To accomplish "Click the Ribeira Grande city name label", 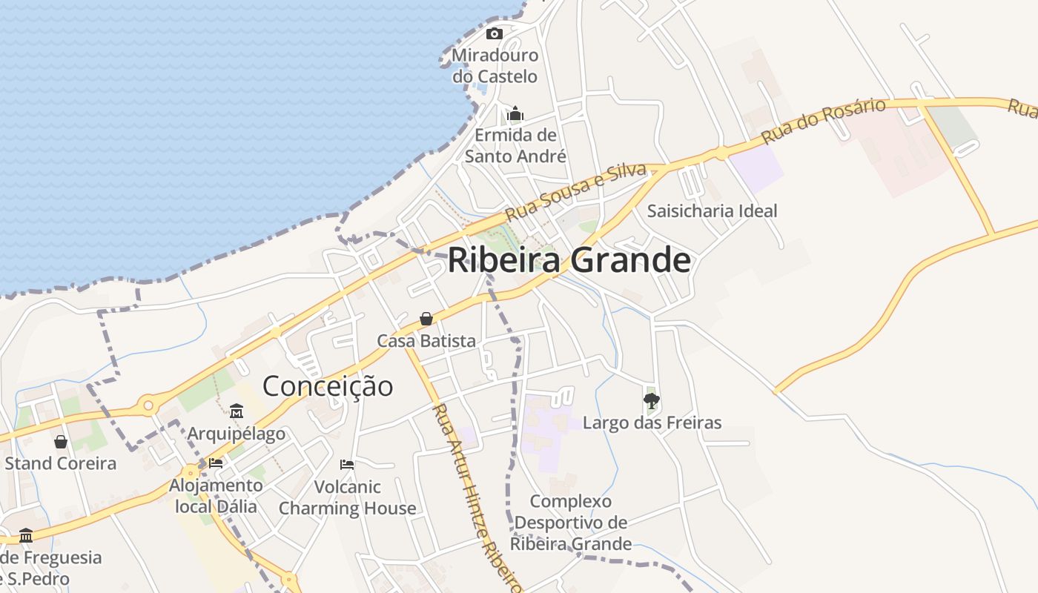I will (569, 260).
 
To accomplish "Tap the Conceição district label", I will (328, 386).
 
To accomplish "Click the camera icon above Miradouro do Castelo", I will (495, 33).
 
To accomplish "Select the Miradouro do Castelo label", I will (495, 65).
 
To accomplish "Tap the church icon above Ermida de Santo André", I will (515, 113).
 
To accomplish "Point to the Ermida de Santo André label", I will (515, 145).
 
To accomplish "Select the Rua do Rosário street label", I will (823, 121).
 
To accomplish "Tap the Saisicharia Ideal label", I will (712, 211).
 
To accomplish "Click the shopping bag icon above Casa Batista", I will (426, 319).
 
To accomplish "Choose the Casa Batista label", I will (426, 341).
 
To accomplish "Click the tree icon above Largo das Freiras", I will (652, 401).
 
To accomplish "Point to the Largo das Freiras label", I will (652, 423).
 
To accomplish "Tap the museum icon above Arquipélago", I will (237, 411).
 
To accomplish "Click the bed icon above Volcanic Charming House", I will (347, 465).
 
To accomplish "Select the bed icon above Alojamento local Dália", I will (216, 463).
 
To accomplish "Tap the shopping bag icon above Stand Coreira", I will (61, 442).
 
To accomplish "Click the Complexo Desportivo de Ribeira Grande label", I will (571, 523).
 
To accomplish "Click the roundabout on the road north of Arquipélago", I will (148, 405).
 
